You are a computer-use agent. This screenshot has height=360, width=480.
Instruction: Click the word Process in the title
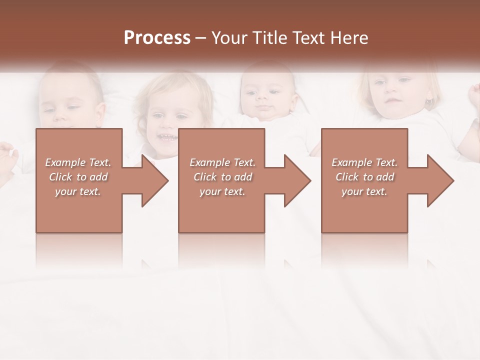pos(157,38)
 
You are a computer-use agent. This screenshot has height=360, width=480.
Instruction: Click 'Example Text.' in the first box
pos(78,162)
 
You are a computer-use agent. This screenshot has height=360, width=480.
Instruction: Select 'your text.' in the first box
pos(78,191)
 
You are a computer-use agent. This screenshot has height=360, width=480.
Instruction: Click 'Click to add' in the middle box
pos(222,177)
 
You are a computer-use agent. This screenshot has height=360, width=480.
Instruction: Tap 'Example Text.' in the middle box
pos(222,162)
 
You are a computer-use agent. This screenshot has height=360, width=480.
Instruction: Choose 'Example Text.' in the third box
pos(364,162)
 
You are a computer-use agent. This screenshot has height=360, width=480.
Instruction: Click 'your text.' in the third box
pos(364,191)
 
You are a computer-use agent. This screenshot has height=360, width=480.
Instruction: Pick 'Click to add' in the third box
pos(364,177)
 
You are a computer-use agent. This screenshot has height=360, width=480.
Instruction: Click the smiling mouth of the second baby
pos(166,136)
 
